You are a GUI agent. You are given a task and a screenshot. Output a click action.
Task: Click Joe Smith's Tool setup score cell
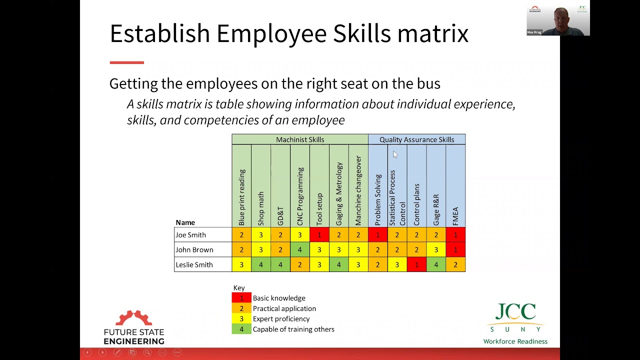pos(319,235)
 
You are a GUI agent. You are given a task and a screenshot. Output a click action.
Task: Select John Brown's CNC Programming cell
pos(300,250)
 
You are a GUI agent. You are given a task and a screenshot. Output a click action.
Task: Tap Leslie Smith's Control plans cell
pos(416,265)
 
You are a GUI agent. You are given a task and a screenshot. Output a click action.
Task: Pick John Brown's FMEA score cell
pos(455,250)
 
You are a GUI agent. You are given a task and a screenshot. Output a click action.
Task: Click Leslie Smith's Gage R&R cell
pos(436,265)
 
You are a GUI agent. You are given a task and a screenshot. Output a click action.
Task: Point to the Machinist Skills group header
pos(300,139)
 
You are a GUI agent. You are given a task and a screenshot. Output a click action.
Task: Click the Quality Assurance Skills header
pos(416,139)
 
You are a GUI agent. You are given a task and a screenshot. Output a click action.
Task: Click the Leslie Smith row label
pos(194,265)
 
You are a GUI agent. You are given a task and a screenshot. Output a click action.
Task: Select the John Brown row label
pos(194,250)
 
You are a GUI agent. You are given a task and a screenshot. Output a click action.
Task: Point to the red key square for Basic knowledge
pos(241,298)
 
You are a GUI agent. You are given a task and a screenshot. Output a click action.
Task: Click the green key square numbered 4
pos(241,329)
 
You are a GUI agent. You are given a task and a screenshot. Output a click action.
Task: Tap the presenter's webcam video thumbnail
pos(558,20)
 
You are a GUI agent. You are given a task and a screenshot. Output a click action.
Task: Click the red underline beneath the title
pos(127,62)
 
